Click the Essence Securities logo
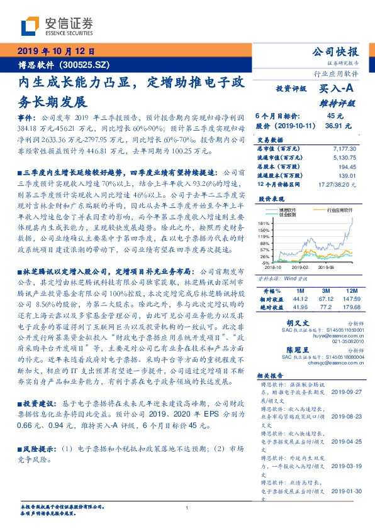(x=56, y=26)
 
